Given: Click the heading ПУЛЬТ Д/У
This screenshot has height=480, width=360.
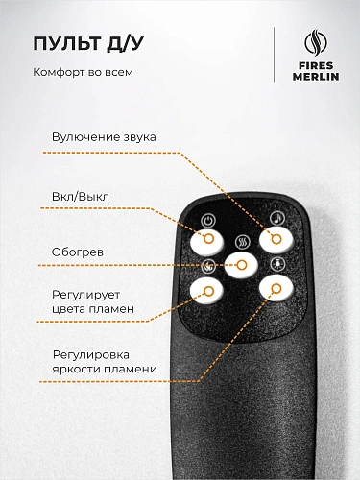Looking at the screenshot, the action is click(x=88, y=43).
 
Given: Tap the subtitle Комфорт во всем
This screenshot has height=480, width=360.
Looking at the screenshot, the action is click(x=83, y=72).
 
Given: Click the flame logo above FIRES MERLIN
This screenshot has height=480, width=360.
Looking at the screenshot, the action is click(x=316, y=42).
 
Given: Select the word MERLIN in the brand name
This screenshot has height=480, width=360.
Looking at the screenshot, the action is click(x=316, y=77).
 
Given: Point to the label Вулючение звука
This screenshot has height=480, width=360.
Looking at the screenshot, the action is click(x=104, y=137).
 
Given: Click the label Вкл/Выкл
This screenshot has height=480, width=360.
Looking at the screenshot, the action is click(x=81, y=197).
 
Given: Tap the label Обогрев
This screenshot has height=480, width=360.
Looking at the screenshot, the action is click(x=78, y=252).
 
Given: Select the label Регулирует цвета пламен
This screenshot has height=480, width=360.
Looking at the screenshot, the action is click(x=93, y=301).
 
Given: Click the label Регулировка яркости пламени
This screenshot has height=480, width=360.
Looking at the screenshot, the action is click(x=105, y=362).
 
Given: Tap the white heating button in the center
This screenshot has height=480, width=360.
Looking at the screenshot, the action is click(x=241, y=265).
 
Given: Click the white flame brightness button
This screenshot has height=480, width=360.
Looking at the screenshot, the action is click(x=276, y=288).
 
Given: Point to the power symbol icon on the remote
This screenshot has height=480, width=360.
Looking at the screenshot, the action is click(x=208, y=220).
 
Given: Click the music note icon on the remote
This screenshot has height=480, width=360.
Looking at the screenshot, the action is click(x=277, y=218).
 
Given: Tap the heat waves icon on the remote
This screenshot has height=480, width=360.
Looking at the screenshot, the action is click(x=243, y=242).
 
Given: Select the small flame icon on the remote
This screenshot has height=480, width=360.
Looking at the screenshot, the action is click(x=208, y=266).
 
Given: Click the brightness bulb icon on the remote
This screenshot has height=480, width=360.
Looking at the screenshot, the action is click(x=277, y=264).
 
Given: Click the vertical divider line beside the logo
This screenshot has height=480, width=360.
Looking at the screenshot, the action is click(x=274, y=55).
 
